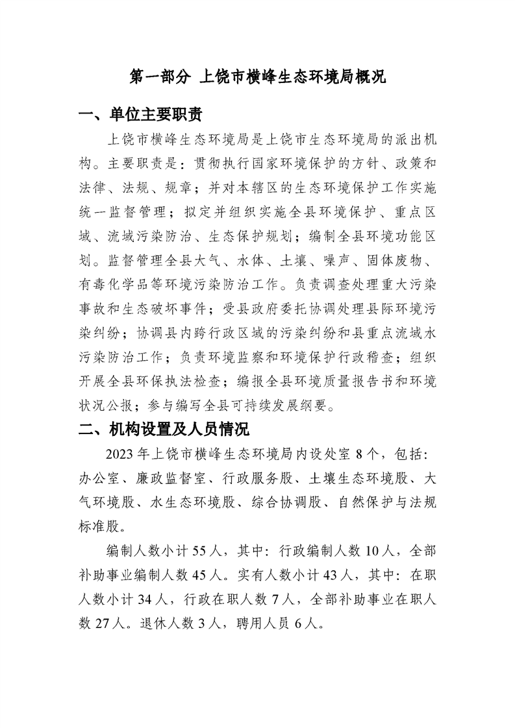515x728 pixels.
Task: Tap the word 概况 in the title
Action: pos(370,77)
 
